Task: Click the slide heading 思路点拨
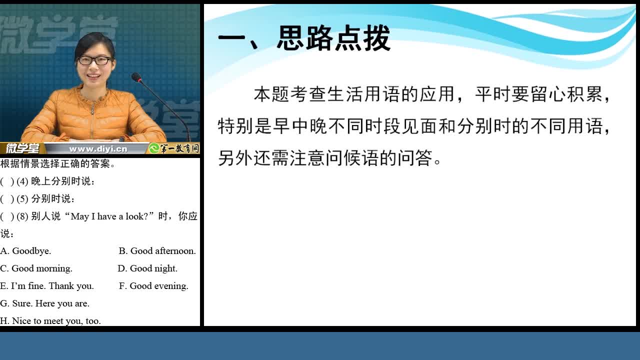333,38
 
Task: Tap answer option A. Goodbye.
25,251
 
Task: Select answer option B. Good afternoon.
157,251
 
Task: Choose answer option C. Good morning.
36,268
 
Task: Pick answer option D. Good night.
147,268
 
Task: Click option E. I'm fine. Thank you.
47,286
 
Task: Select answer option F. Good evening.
153,286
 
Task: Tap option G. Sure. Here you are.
44,303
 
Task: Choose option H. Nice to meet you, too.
50,321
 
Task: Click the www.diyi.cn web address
98,149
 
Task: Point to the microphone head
136,77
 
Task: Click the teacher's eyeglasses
94,60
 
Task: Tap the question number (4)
22,181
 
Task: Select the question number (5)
22,199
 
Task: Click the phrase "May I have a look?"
109,216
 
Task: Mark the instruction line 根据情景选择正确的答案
57,163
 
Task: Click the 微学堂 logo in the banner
22,148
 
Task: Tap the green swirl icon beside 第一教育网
154,148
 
